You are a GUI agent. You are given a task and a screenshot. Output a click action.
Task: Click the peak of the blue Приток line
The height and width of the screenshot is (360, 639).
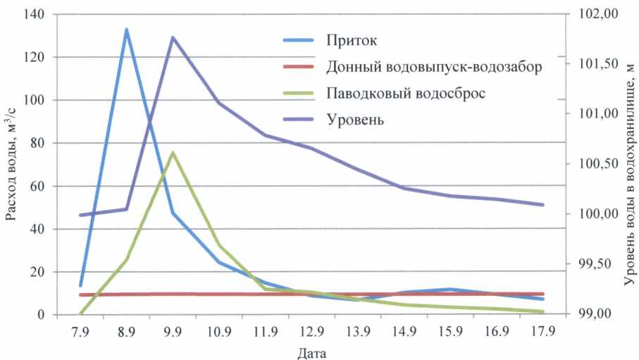(127, 30)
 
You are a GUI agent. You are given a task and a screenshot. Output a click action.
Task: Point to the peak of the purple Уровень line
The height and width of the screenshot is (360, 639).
(173, 37)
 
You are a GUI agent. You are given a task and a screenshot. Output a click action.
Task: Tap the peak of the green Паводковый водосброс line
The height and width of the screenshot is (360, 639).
(173, 152)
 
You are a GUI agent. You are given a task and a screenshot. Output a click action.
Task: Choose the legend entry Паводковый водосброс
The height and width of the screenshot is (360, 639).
(406, 94)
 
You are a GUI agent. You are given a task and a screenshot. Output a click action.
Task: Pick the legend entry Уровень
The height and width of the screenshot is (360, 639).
(355, 119)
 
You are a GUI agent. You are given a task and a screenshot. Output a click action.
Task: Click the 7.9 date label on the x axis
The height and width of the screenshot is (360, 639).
(81, 330)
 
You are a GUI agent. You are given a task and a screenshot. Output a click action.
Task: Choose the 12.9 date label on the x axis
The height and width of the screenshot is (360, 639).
(311, 330)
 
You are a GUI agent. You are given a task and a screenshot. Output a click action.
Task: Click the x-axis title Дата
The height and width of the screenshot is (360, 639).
(311, 351)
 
